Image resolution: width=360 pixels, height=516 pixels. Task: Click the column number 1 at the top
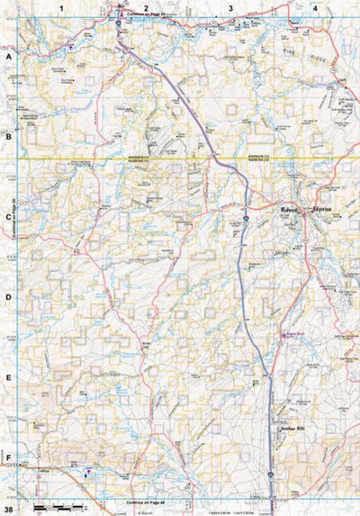(x=62, y=7)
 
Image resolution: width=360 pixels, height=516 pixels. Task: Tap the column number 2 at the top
(x=146, y=7)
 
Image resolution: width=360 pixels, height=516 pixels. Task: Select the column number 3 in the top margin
(x=230, y=7)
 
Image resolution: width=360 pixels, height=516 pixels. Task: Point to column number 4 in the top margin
(x=315, y=7)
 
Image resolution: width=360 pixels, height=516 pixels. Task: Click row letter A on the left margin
(x=8, y=56)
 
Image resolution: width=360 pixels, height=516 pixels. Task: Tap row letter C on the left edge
(x=8, y=217)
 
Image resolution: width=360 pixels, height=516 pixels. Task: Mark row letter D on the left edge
(x=8, y=297)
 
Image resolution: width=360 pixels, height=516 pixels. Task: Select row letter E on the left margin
(x=8, y=378)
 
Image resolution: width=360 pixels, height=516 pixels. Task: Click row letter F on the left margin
(x=8, y=457)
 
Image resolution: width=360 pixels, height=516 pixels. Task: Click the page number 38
(x=8, y=508)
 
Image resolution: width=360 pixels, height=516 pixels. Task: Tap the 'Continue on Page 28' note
(x=147, y=15)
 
